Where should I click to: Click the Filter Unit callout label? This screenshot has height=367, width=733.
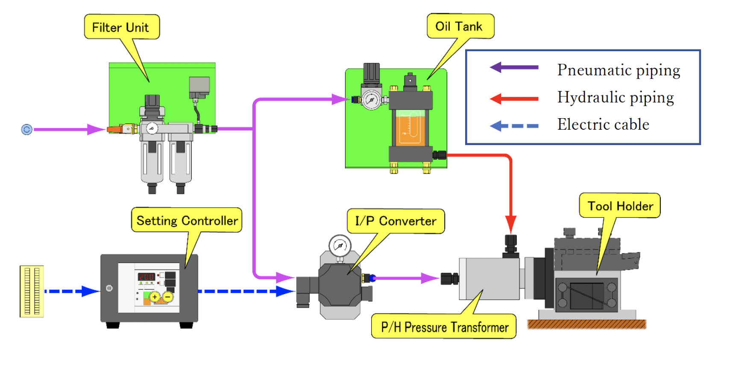coord(121,27)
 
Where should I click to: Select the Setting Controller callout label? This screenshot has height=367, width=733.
coord(187,221)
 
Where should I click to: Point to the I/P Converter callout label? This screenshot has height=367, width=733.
coord(396,221)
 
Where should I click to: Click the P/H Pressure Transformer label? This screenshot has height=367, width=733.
coord(444,327)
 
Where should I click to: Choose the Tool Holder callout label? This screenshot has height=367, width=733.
coord(620,206)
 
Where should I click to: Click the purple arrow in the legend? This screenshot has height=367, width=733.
coord(514,67)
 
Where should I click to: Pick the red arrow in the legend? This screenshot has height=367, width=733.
coord(514,99)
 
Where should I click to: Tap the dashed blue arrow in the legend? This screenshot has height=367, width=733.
coord(514,126)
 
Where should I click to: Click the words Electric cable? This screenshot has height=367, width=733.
coord(603,125)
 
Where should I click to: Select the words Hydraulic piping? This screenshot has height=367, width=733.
coord(616,97)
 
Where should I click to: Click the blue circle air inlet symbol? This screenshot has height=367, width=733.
coord(26,129)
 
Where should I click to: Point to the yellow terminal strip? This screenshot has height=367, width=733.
coord(32,291)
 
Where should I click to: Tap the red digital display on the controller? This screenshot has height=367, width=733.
coord(146,277)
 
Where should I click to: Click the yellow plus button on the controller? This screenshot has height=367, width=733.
coord(155,297)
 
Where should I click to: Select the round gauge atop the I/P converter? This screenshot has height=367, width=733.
coord(340,246)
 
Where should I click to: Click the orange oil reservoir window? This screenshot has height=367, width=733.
coord(410,128)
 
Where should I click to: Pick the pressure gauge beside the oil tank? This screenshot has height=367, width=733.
coord(371,100)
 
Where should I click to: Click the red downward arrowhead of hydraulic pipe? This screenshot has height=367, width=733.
coord(510,224)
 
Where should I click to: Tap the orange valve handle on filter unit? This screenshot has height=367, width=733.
coord(114,129)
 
